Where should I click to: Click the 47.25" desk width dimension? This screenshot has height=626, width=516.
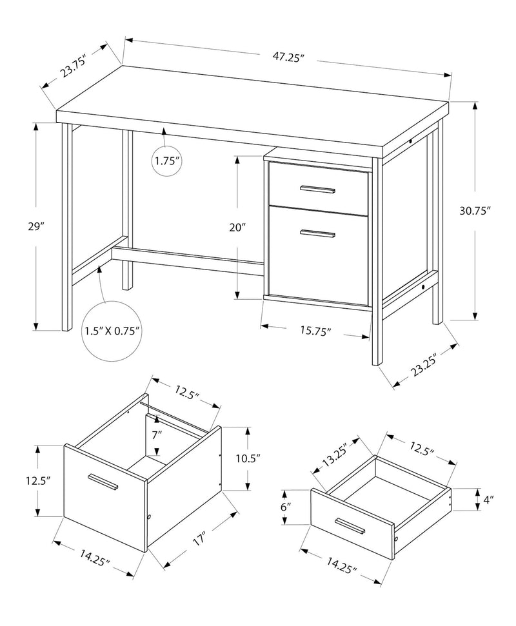click(x=288, y=57)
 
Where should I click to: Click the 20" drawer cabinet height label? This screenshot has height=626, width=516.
click(x=238, y=227)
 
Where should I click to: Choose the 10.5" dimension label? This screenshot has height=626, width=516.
click(x=248, y=458)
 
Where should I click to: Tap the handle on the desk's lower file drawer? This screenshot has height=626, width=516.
click(x=317, y=233)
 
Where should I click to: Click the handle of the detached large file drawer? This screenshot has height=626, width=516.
click(x=102, y=482)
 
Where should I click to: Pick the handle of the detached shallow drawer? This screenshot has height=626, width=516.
click(x=350, y=525)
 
